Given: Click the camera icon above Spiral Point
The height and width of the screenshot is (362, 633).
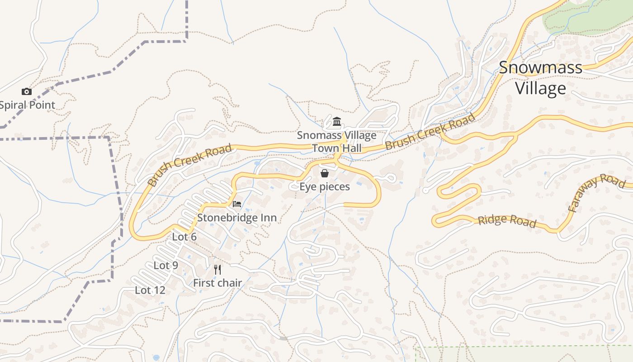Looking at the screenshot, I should [27, 92].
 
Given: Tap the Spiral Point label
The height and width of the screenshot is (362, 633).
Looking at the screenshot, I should [27, 105].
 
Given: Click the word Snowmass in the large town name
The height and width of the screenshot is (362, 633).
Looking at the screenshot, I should [540, 68].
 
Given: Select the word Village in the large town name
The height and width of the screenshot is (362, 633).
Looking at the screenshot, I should [540, 88].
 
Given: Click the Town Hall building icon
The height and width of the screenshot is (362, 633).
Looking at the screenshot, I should [336, 122].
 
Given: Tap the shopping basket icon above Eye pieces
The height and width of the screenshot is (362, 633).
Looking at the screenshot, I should [324, 173].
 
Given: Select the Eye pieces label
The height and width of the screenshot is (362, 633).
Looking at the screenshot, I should [325, 186].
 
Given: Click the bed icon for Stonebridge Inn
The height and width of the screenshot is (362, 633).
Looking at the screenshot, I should [236, 204].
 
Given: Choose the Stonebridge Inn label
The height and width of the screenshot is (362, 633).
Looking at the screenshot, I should [236, 218].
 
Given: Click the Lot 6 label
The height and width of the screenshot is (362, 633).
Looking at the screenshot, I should [184, 237].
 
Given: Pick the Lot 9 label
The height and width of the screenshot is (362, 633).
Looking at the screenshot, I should [166, 266].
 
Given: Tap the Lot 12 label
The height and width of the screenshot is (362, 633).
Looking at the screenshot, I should [150, 290].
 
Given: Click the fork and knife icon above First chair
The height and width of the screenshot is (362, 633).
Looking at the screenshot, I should [217, 270].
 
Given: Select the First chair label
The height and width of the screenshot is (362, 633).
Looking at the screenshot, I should [217, 283].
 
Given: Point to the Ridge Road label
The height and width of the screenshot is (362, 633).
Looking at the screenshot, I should [507, 221].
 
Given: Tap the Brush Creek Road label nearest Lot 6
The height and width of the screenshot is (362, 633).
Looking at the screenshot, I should [190, 165].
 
